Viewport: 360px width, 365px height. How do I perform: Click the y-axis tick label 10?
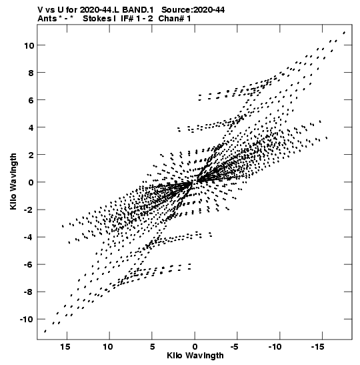coord(29,45)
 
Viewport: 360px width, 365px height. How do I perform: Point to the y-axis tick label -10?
coord(27,319)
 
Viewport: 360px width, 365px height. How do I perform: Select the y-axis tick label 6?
coord(31,100)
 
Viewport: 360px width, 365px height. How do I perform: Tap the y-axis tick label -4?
coord(29,237)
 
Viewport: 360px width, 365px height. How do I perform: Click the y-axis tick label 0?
coord(31,182)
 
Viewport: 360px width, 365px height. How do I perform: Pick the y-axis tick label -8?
coord(29,292)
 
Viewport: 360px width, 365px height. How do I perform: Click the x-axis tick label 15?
coord(65,347)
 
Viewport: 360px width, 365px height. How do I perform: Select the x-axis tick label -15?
coord(317,347)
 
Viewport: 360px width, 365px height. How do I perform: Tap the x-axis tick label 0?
coord(195,347)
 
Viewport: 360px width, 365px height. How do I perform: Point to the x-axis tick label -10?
coord(275,347)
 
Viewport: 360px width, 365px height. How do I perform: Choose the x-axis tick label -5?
coord(235,347)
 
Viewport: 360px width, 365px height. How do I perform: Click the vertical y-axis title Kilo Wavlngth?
coord(13,181)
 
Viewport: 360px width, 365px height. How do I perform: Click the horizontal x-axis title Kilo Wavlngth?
coord(195,356)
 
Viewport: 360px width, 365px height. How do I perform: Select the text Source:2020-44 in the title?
coord(193,10)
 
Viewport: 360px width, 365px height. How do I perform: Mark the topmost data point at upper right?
coord(344,33)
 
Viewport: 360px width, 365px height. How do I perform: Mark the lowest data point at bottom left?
coord(45,331)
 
